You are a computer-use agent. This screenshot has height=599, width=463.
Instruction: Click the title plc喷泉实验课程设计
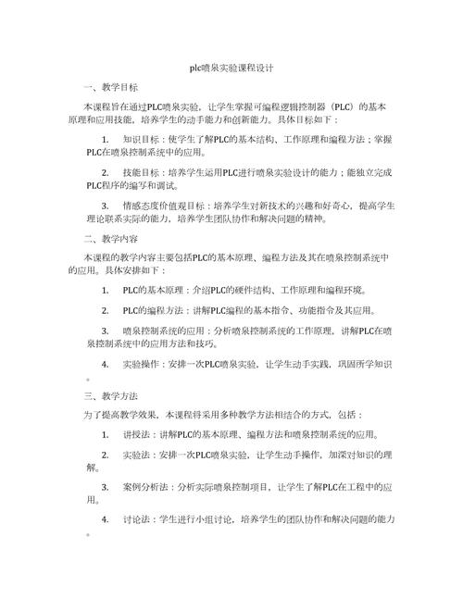tap(231, 69)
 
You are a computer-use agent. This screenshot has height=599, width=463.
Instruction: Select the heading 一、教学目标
tap(110, 88)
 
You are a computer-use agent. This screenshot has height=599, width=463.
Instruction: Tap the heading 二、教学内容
tap(110, 238)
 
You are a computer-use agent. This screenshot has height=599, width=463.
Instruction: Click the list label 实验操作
tap(141, 364)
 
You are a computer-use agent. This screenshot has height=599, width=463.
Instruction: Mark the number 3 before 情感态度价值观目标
tap(106, 206)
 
